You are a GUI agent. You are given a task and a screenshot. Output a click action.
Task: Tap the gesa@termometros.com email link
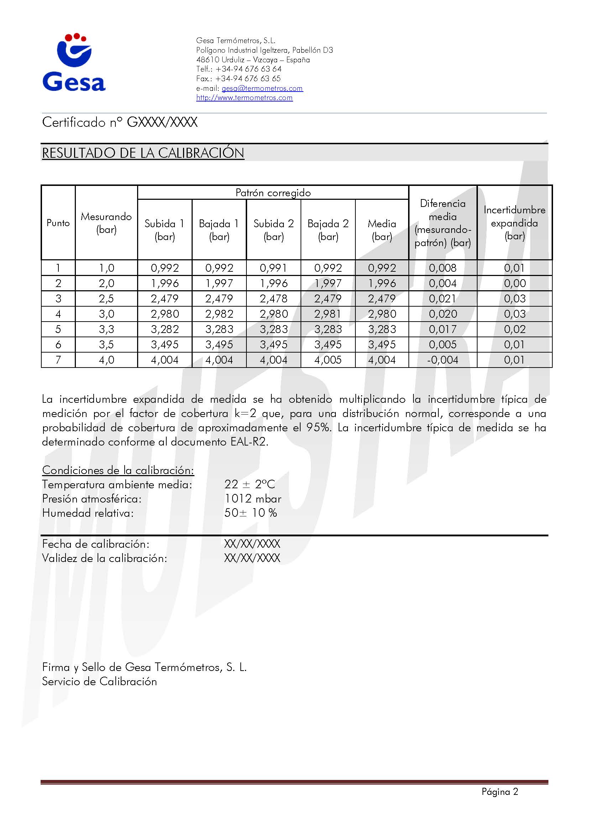coord(262,88)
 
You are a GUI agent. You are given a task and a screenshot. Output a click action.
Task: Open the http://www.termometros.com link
coord(244,98)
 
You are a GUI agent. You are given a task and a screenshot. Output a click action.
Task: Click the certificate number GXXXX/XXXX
coord(162,122)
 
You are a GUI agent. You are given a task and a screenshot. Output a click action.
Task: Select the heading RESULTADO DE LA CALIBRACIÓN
coord(143,153)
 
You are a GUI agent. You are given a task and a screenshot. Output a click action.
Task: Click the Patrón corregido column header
coord(273,193)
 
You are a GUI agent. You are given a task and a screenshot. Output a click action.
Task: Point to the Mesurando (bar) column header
coord(106,223)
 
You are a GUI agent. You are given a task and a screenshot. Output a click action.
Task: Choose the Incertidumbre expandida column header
coord(514,223)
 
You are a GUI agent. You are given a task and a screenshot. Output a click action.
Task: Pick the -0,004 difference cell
coord(443,360)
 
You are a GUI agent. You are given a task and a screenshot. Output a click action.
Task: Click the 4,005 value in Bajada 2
coord(328,360)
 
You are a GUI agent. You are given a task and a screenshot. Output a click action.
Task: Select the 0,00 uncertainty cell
coord(514,283)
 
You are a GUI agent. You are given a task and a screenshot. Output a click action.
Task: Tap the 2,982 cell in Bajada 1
coord(219,314)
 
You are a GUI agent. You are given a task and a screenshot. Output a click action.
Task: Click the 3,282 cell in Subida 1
coord(165,329)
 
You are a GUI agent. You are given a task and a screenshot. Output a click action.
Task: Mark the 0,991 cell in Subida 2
coord(273,268)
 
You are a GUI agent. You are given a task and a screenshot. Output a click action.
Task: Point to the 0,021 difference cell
coord(443,298)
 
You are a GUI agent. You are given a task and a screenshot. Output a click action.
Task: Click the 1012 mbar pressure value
coord(252,499)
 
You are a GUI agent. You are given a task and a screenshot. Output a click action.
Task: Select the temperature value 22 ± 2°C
coord(250,484)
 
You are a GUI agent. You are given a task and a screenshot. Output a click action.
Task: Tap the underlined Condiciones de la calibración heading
coord(118,470)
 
